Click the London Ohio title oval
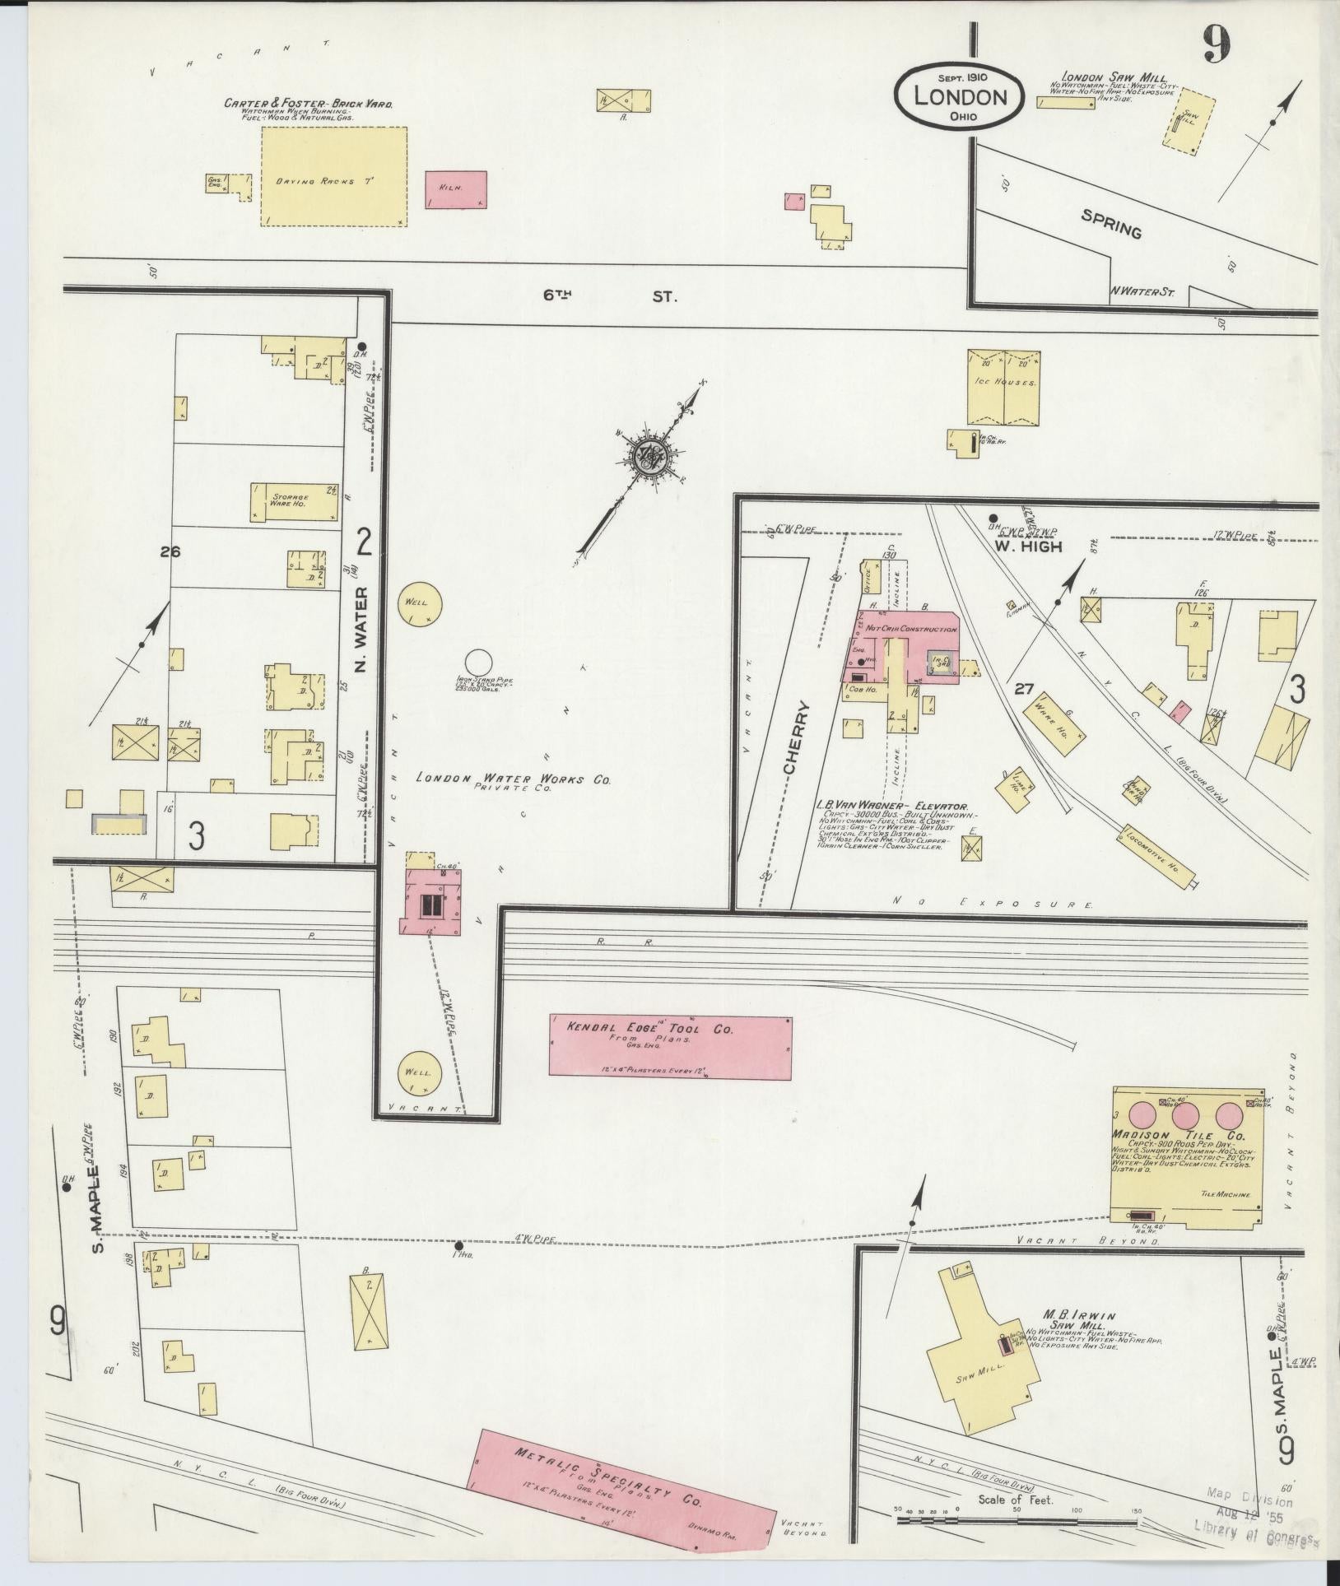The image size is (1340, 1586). (x=959, y=97)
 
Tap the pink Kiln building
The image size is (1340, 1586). (x=455, y=189)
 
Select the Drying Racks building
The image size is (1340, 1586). (x=334, y=176)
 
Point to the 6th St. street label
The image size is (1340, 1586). (x=609, y=296)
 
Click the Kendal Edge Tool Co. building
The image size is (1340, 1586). (x=670, y=1046)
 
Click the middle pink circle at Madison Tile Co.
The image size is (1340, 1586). (x=1184, y=1116)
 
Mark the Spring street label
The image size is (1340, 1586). (x=1111, y=224)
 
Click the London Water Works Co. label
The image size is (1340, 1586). (x=513, y=778)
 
